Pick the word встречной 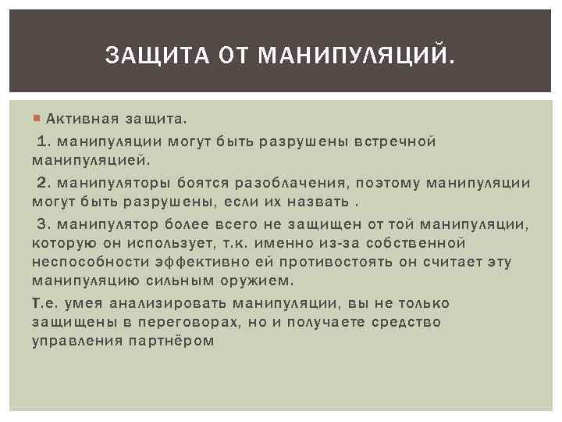[x=396, y=141]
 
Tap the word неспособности [x=85, y=263]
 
